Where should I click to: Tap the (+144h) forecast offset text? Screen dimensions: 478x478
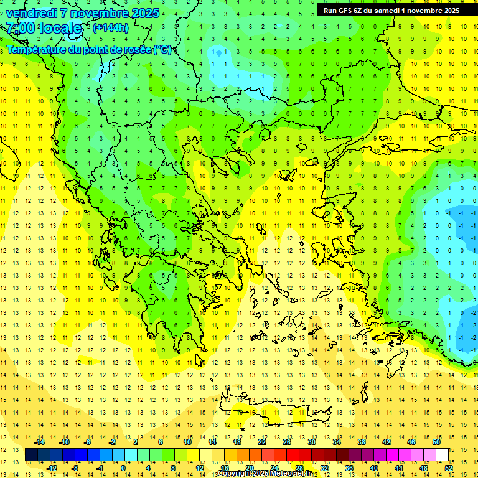point(110,27)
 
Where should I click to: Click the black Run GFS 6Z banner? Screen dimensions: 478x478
point(391,10)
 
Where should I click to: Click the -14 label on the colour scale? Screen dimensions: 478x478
point(40,442)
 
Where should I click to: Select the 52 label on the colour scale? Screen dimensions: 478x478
point(448,467)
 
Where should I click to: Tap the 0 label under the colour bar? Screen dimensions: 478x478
point(123,467)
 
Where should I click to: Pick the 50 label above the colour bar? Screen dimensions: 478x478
point(436,442)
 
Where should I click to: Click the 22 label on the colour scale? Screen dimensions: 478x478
point(262,442)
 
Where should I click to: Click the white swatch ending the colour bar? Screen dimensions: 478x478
point(442,454)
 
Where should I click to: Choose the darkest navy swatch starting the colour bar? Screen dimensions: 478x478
point(32,454)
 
